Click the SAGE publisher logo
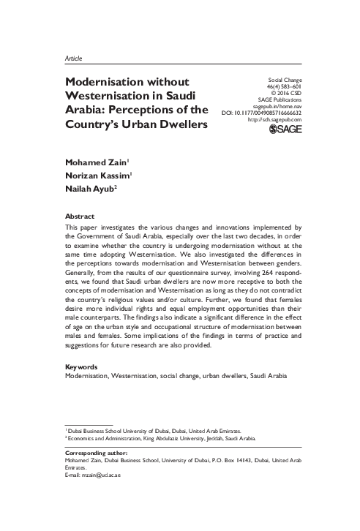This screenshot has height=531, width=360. [290, 129]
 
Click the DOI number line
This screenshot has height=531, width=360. [261, 112]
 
